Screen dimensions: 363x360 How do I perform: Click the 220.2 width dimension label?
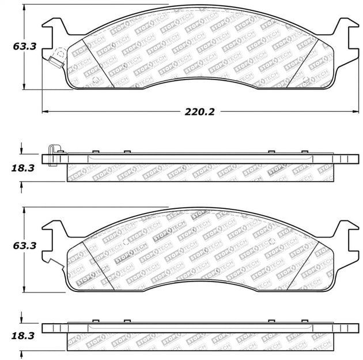tap(199, 112)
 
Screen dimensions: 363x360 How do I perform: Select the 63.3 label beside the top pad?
tap(25, 46)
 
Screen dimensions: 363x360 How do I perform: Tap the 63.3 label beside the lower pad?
tap(25, 246)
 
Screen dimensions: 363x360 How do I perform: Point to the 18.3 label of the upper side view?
tap(23, 168)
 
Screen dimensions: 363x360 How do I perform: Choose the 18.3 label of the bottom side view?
tap(23, 336)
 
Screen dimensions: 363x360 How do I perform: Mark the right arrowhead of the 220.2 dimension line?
tap(356, 111)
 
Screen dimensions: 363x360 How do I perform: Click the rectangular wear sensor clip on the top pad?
tap(56, 62)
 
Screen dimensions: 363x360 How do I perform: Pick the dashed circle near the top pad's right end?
tap(306, 80)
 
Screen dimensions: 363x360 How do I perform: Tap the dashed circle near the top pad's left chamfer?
tap(96, 80)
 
